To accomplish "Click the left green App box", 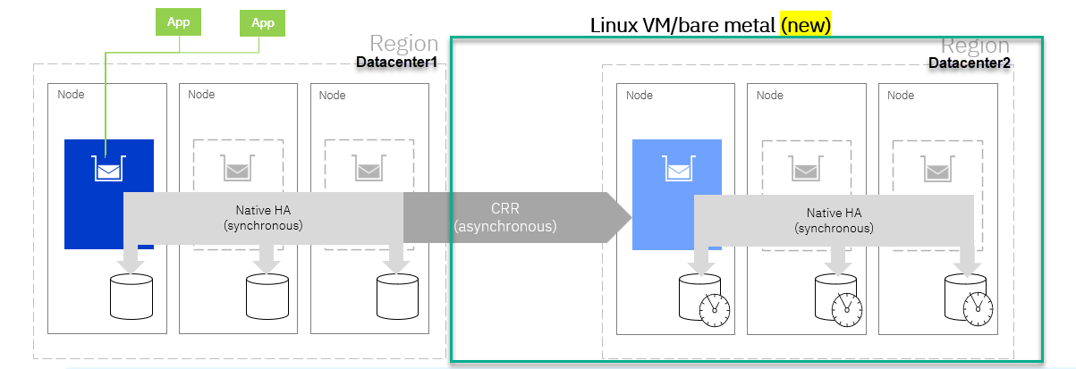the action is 178,22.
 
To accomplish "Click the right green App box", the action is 262,23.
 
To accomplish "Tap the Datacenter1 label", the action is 397,63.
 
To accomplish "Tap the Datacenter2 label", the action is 970,63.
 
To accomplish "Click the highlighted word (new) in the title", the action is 806,25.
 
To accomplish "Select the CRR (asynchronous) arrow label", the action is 505,217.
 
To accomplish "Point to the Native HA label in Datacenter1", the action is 263,218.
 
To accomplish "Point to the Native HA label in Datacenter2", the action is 834,221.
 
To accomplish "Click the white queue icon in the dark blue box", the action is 109,169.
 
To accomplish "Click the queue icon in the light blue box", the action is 678,169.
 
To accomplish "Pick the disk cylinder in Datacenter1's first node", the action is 131,297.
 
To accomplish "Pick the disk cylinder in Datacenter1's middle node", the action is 267,297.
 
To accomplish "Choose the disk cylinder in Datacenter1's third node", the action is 397,297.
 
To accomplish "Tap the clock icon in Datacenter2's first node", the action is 715,310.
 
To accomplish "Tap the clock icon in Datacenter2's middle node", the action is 847,310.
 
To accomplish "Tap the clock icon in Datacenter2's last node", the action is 978,309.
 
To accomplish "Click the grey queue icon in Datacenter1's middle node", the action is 237,168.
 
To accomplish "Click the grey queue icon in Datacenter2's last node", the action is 937,169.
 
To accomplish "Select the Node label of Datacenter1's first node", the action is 71,95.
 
